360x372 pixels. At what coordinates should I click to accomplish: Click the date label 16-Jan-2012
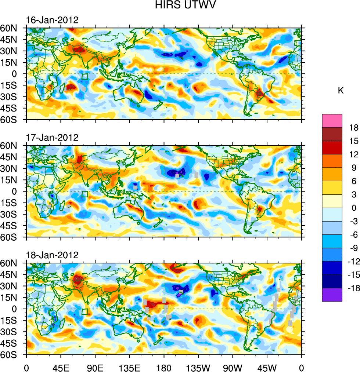click(x=52, y=20)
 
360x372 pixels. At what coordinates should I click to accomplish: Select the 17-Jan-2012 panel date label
click(x=52, y=138)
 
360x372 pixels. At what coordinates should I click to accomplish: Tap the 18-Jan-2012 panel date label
click(x=52, y=255)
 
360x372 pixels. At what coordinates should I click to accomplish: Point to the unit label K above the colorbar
click(x=341, y=91)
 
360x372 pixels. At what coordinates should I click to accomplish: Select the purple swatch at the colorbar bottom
click(x=332, y=295)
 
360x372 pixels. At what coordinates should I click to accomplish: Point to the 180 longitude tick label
click(x=164, y=367)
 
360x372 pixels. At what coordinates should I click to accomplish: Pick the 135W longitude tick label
click(x=198, y=367)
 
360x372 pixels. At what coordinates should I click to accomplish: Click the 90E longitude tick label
click(x=95, y=367)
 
